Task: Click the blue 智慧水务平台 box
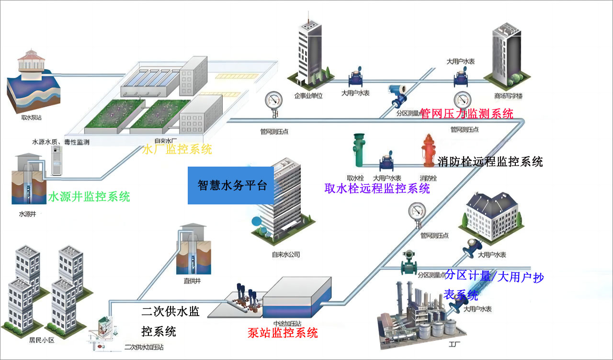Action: [x=230, y=185]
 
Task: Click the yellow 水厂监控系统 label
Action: [x=177, y=149]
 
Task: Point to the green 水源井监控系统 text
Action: [x=89, y=196]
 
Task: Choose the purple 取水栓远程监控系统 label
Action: [x=377, y=188]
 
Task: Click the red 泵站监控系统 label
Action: [x=283, y=332]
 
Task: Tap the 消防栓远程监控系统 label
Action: [x=490, y=161]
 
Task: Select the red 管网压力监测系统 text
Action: [x=466, y=113]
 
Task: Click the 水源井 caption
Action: [x=27, y=214]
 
